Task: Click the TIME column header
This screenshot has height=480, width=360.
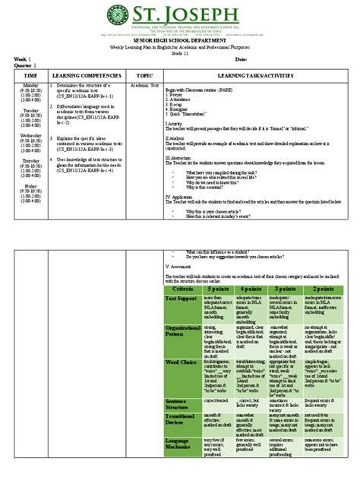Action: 30,76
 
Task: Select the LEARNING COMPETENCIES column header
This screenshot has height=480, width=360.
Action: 83,76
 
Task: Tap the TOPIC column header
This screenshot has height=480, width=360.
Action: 144,76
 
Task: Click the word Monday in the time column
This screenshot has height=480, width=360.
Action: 30,85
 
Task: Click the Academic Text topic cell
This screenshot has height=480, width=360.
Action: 142,86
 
